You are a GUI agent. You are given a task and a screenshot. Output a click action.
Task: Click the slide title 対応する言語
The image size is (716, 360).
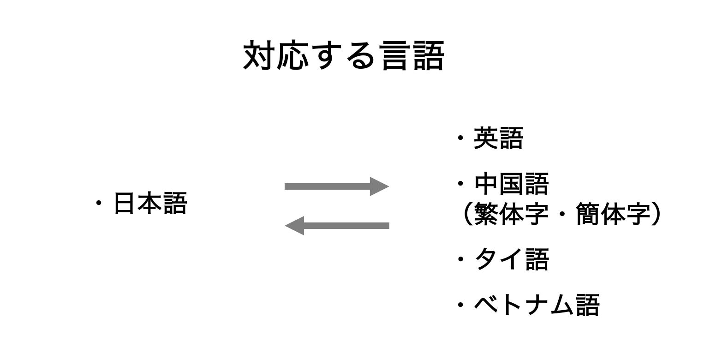pos(344,56)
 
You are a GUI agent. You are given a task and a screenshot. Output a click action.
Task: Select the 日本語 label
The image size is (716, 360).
pos(150,204)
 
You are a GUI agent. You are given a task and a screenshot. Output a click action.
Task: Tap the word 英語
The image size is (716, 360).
pos(498,138)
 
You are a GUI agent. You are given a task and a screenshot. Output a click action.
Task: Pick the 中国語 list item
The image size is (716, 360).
pos(512,184)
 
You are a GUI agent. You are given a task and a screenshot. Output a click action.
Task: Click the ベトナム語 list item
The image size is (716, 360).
pos(537,305)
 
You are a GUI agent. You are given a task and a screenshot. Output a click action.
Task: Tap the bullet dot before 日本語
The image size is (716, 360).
pos(98,204)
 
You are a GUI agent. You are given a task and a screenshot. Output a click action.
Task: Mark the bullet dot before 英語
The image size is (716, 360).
pos(460,138)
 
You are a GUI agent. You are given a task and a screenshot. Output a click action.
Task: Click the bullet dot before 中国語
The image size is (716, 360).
pos(460,185)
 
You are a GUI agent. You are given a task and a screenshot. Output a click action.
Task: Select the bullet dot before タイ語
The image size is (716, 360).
pos(460,259)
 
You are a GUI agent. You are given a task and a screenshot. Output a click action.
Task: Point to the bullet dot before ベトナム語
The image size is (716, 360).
pos(460,305)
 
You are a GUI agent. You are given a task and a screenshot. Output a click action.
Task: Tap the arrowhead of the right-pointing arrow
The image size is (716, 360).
pos(380,186)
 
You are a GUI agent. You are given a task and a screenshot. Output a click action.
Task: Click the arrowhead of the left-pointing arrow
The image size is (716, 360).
pos(294,226)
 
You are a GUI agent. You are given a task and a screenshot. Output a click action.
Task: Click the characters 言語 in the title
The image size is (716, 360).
pos(413,56)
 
